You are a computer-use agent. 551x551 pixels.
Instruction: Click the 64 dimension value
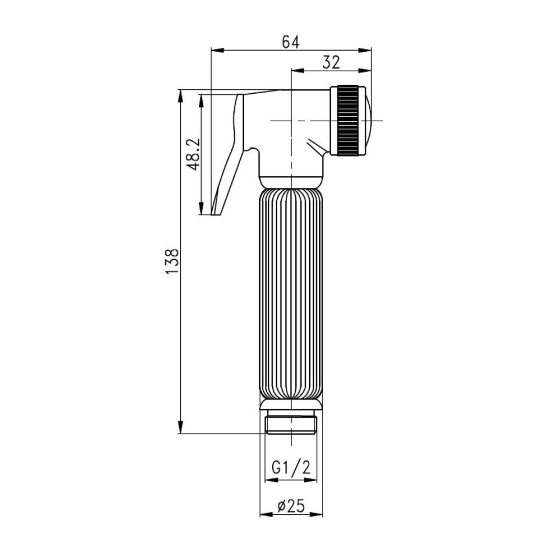(x=291, y=42)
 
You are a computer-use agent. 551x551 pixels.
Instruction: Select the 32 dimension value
(x=331, y=62)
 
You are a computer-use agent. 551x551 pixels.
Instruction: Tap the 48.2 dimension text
(x=193, y=154)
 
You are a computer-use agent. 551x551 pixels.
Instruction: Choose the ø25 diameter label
(x=291, y=506)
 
